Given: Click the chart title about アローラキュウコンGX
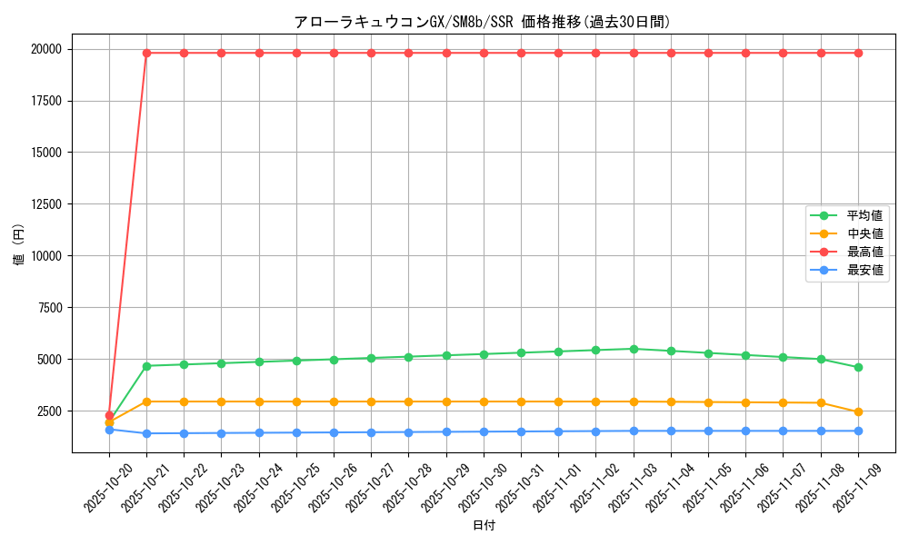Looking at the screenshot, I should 483,22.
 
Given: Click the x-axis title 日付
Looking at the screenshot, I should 484,525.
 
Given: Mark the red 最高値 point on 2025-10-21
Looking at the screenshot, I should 146,53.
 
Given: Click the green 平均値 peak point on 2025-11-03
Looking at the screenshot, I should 634,349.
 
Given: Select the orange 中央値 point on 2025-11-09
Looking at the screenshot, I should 858,411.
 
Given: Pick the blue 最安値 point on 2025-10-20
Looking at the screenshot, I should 109,429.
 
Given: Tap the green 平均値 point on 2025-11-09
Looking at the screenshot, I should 858,367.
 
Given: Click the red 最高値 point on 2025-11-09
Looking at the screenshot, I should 858,53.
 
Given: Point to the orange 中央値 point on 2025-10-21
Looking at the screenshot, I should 146,401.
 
